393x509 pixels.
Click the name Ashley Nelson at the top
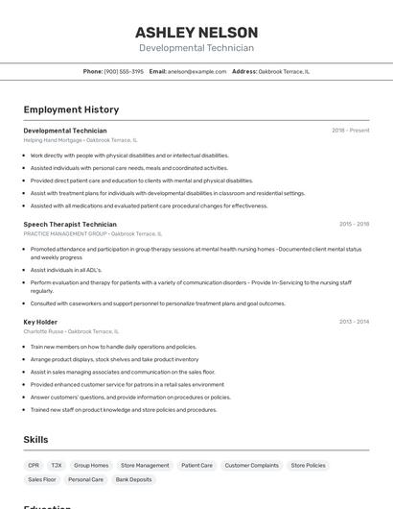pos(196,32)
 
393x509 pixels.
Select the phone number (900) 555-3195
pos(124,71)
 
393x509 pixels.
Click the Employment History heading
pos(71,109)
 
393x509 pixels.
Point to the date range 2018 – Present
pos(350,131)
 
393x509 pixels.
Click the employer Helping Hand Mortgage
pos(53,140)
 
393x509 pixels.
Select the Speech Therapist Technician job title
pos(70,224)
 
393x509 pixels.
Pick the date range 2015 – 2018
pos(354,224)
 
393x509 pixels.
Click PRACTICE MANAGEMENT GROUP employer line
pos(65,233)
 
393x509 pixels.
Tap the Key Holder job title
pos(40,322)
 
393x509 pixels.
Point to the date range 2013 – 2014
pos(354,322)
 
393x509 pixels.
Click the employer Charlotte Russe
pos(43,331)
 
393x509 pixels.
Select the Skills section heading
pos(36,440)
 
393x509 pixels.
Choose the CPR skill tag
pos(34,465)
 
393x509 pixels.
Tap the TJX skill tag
pos(57,465)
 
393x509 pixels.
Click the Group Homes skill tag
pos(91,465)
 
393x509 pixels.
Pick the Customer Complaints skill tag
pos(251,465)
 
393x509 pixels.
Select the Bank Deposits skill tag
pos(134,479)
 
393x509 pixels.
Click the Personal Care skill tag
pos(85,479)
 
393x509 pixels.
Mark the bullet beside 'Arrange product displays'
pos(25,359)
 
